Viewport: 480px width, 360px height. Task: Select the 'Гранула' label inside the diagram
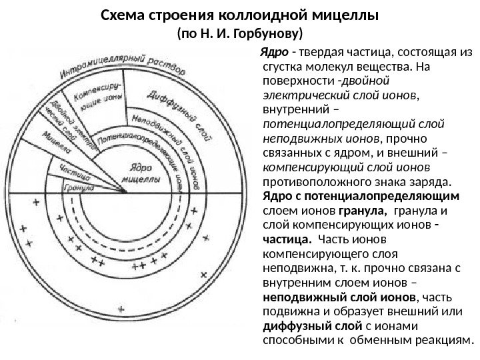pos(78,187)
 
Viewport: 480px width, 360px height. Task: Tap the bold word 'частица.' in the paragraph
pos(285,239)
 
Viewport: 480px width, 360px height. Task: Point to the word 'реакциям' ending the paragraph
pos(442,341)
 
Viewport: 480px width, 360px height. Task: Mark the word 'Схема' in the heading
pos(124,13)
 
